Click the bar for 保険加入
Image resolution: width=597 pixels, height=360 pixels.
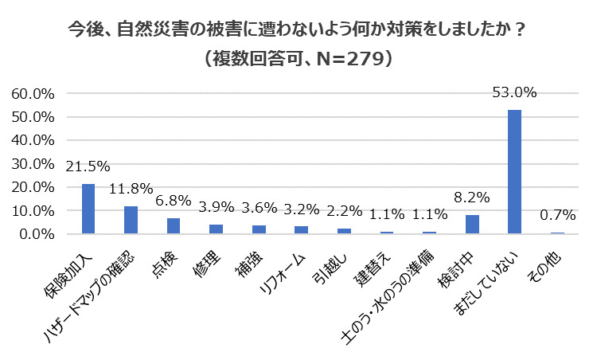click(88, 209)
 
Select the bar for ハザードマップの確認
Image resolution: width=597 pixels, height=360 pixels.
click(131, 220)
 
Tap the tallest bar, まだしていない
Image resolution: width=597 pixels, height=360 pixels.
click(514, 171)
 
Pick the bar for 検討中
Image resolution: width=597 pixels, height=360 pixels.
click(472, 225)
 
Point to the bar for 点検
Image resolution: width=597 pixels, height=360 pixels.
click(174, 226)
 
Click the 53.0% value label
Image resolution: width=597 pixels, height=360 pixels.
click(514, 92)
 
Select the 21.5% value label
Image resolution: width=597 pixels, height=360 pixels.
click(88, 166)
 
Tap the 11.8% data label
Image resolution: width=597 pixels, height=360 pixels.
click(131, 190)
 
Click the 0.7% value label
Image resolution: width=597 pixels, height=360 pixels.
click(557, 216)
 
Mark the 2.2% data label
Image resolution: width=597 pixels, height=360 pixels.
click(344, 212)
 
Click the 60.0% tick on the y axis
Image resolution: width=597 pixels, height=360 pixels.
click(33, 93)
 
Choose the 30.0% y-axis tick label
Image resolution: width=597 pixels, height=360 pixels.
click(33, 164)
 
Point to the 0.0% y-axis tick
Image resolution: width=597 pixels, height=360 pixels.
click(37, 235)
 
